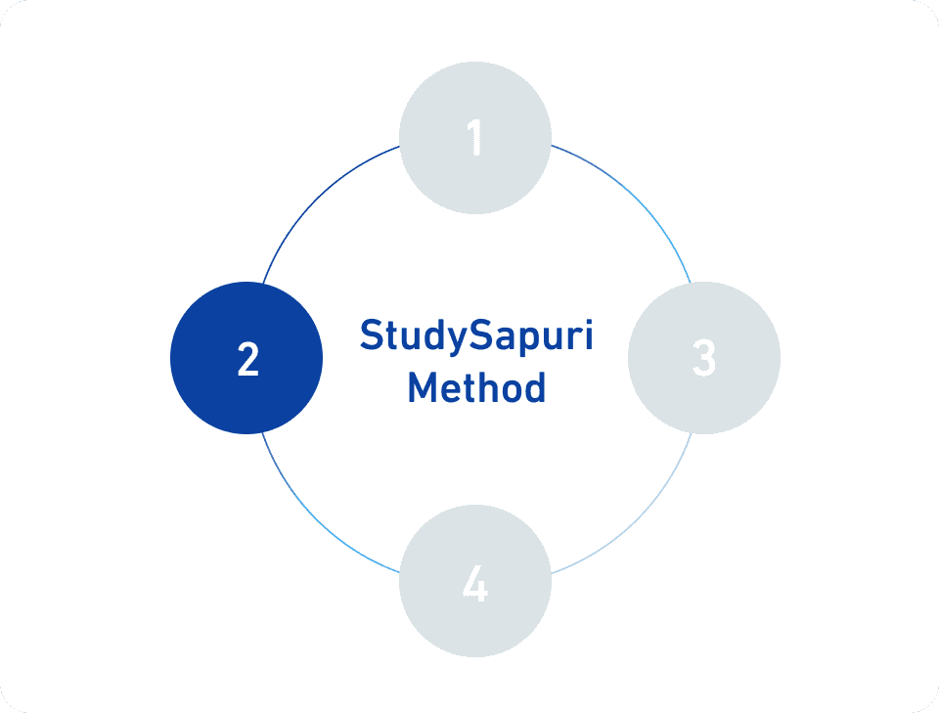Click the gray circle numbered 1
[x=475, y=138]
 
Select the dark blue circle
[x=246, y=358]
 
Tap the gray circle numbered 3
[x=704, y=358]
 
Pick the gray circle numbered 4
[x=475, y=581]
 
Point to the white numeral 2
[x=247, y=359]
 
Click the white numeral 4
[x=475, y=583]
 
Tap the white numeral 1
[x=475, y=137]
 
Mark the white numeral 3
[x=704, y=358]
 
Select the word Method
[x=476, y=387]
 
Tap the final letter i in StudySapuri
[x=588, y=334]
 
